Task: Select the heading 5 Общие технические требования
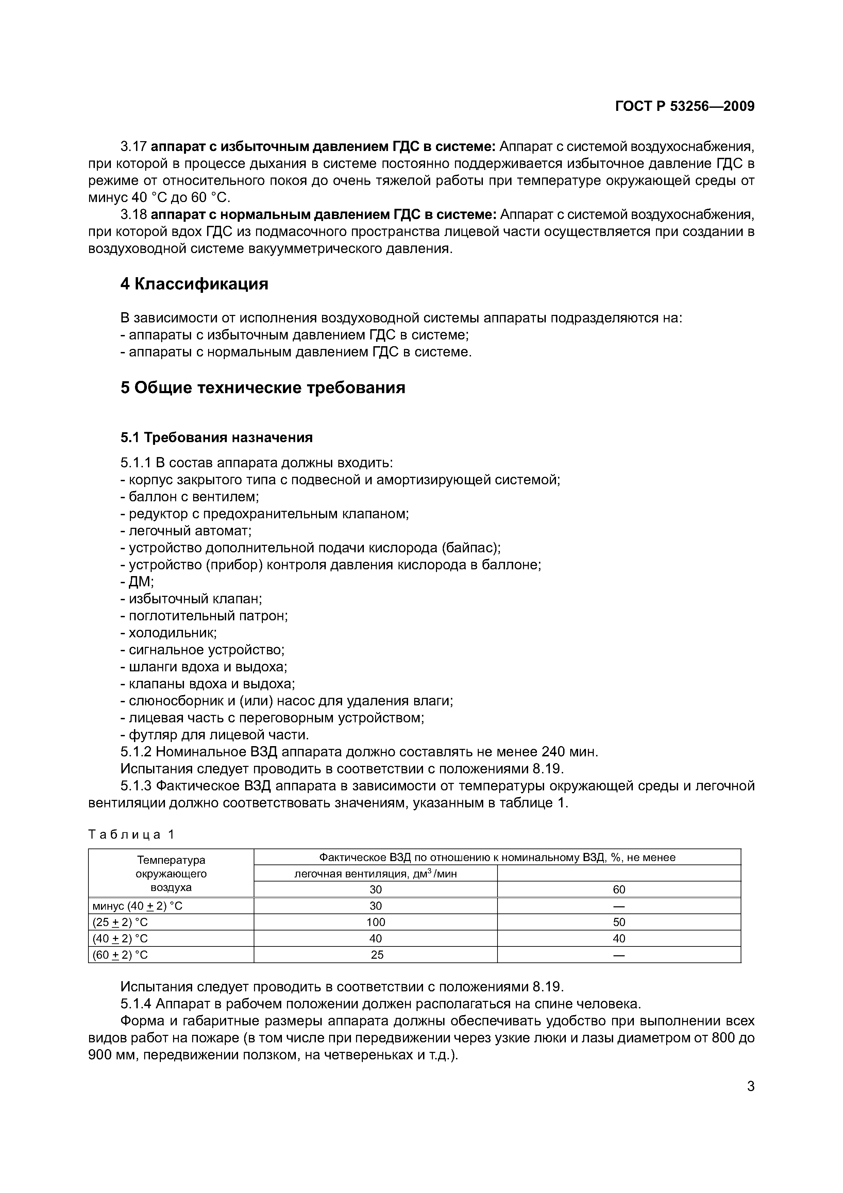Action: coord(263,388)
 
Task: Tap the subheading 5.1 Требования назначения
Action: coord(217,437)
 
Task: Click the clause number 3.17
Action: coord(134,147)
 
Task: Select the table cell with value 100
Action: coord(375,922)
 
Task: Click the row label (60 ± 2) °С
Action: coord(120,955)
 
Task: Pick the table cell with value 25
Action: coord(376,955)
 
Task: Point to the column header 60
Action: coord(619,890)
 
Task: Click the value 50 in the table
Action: coord(619,922)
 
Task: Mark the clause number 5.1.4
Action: coord(136,1004)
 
